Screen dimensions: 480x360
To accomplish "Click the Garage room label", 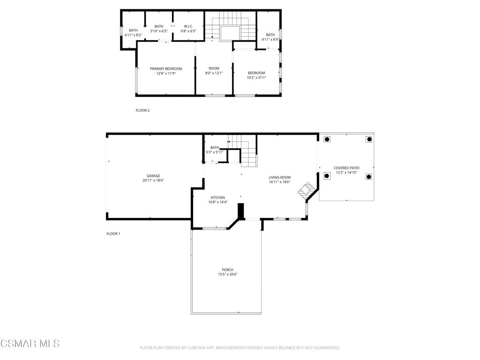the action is pos(153,176).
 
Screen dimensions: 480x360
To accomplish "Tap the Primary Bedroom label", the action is pos(166,69).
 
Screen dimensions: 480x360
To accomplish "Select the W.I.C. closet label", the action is pos(188,26).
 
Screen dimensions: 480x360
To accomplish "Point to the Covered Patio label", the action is pos(346,168).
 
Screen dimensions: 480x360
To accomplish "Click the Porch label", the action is pos(227,270).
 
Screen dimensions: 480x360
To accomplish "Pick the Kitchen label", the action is pos(217,198).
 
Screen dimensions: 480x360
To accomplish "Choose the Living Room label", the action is pos(279,178).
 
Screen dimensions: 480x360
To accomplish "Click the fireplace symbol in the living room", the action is pos(307,190).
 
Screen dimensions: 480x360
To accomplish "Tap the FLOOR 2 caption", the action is pos(142,111).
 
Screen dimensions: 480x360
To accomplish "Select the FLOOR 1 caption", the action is pos(113,234).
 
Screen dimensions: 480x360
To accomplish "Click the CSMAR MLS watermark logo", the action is pos(30,344).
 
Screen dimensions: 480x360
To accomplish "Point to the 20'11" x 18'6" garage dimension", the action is pos(153,180).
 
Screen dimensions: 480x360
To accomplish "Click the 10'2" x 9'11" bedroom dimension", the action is pos(256,78).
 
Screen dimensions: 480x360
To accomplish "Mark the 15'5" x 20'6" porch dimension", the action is pos(227,275).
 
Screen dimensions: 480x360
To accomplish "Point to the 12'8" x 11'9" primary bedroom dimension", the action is pos(166,74).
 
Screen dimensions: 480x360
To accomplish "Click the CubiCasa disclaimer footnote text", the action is pos(240,348).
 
